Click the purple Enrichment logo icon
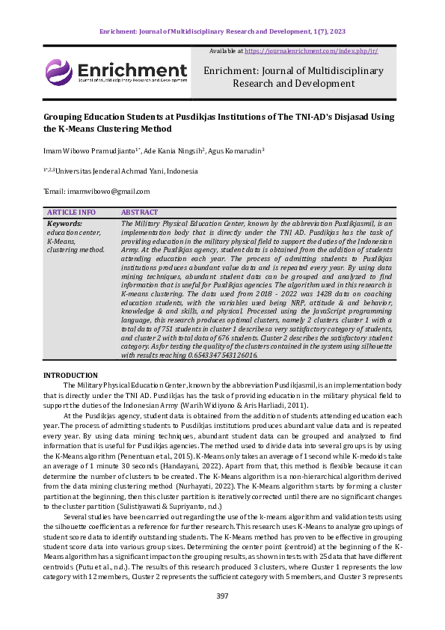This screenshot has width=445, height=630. pos(59,73)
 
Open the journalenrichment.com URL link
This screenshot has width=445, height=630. pos(311,51)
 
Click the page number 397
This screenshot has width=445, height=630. pos(222,596)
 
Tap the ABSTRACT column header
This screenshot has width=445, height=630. pos(139,212)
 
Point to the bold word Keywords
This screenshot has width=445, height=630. pos(64,223)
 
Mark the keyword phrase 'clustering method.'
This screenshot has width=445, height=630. pos(76,249)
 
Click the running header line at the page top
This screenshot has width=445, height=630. pos(222,31)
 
